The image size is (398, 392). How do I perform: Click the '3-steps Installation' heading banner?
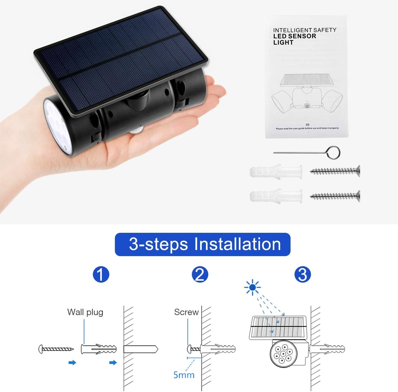pyautogui.click(x=202, y=244)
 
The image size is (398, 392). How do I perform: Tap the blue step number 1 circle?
pyautogui.click(x=101, y=274)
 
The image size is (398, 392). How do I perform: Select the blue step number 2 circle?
pyautogui.click(x=200, y=274)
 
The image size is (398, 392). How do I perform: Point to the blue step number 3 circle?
pyautogui.click(x=302, y=274)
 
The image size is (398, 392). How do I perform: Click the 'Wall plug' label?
pyautogui.click(x=85, y=312)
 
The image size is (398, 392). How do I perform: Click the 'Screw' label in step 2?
pyautogui.click(x=186, y=312)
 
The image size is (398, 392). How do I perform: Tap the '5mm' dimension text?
pyautogui.click(x=184, y=375)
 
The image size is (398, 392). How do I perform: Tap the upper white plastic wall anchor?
pyautogui.click(x=276, y=172)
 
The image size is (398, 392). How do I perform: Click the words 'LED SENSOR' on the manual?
pyautogui.click(x=294, y=36)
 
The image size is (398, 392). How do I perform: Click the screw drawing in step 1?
pyautogui.click(x=56, y=349)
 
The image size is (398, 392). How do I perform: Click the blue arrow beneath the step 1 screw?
pyautogui.click(x=72, y=363)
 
